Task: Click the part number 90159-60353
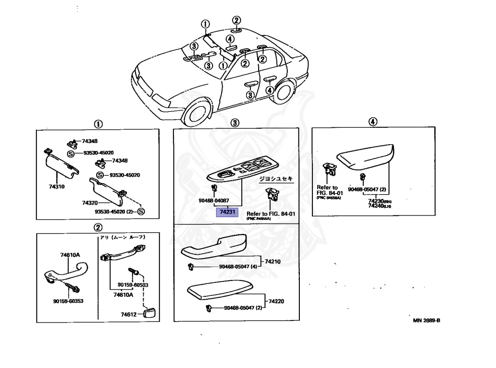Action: pos(68,301)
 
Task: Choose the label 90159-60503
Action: pos(133,285)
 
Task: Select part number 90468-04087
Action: pos(213,200)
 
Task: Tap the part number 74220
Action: pos(276,301)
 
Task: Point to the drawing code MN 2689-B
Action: pos(426,320)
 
